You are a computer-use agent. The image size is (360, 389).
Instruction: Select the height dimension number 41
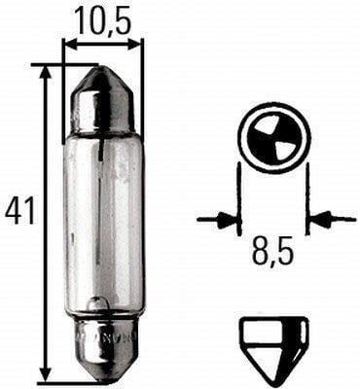[18, 210]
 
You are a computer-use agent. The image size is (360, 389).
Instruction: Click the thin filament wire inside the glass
[104, 194]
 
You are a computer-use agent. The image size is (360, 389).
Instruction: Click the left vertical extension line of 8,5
[239, 199]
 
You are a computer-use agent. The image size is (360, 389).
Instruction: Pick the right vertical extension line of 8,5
[307, 199]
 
